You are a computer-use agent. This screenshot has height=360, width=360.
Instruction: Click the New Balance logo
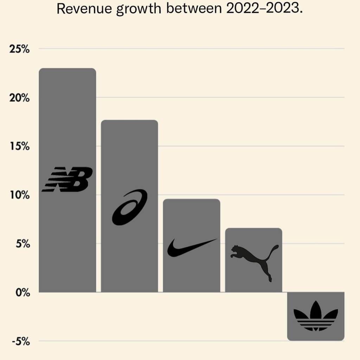[67, 179]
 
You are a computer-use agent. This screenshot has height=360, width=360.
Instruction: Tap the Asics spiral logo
[129, 207]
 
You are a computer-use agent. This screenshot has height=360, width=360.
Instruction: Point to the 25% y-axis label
[20, 49]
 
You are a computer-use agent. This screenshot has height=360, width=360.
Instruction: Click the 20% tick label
[20, 98]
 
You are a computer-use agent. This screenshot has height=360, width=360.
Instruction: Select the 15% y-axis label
[20, 146]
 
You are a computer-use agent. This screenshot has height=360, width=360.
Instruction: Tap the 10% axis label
[20, 195]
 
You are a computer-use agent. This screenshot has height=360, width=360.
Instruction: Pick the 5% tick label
[22, 244]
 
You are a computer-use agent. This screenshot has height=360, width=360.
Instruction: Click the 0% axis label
[22, 292]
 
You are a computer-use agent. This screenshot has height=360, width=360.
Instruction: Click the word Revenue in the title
[84, 9]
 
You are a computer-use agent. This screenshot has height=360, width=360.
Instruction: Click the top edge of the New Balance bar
[67, 69]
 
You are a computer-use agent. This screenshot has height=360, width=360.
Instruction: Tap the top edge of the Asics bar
[129, 120]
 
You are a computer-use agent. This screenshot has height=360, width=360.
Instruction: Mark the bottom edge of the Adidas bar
[316, 340]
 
